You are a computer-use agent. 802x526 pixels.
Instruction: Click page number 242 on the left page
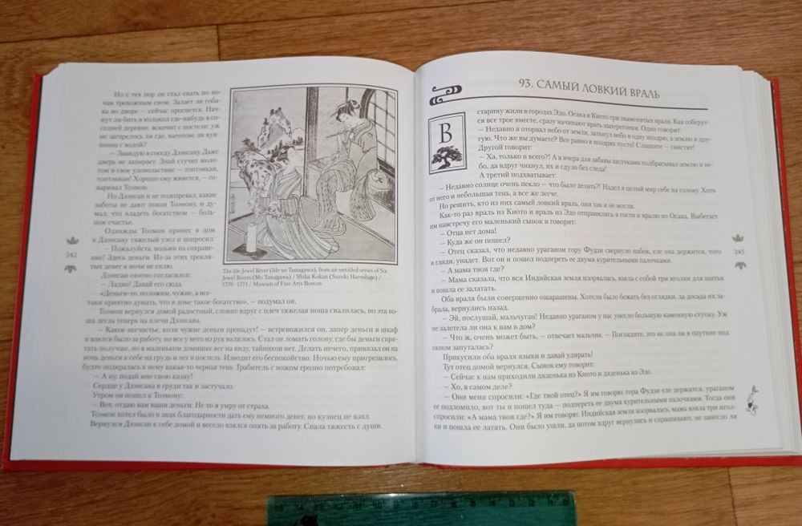coord(71,255)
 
